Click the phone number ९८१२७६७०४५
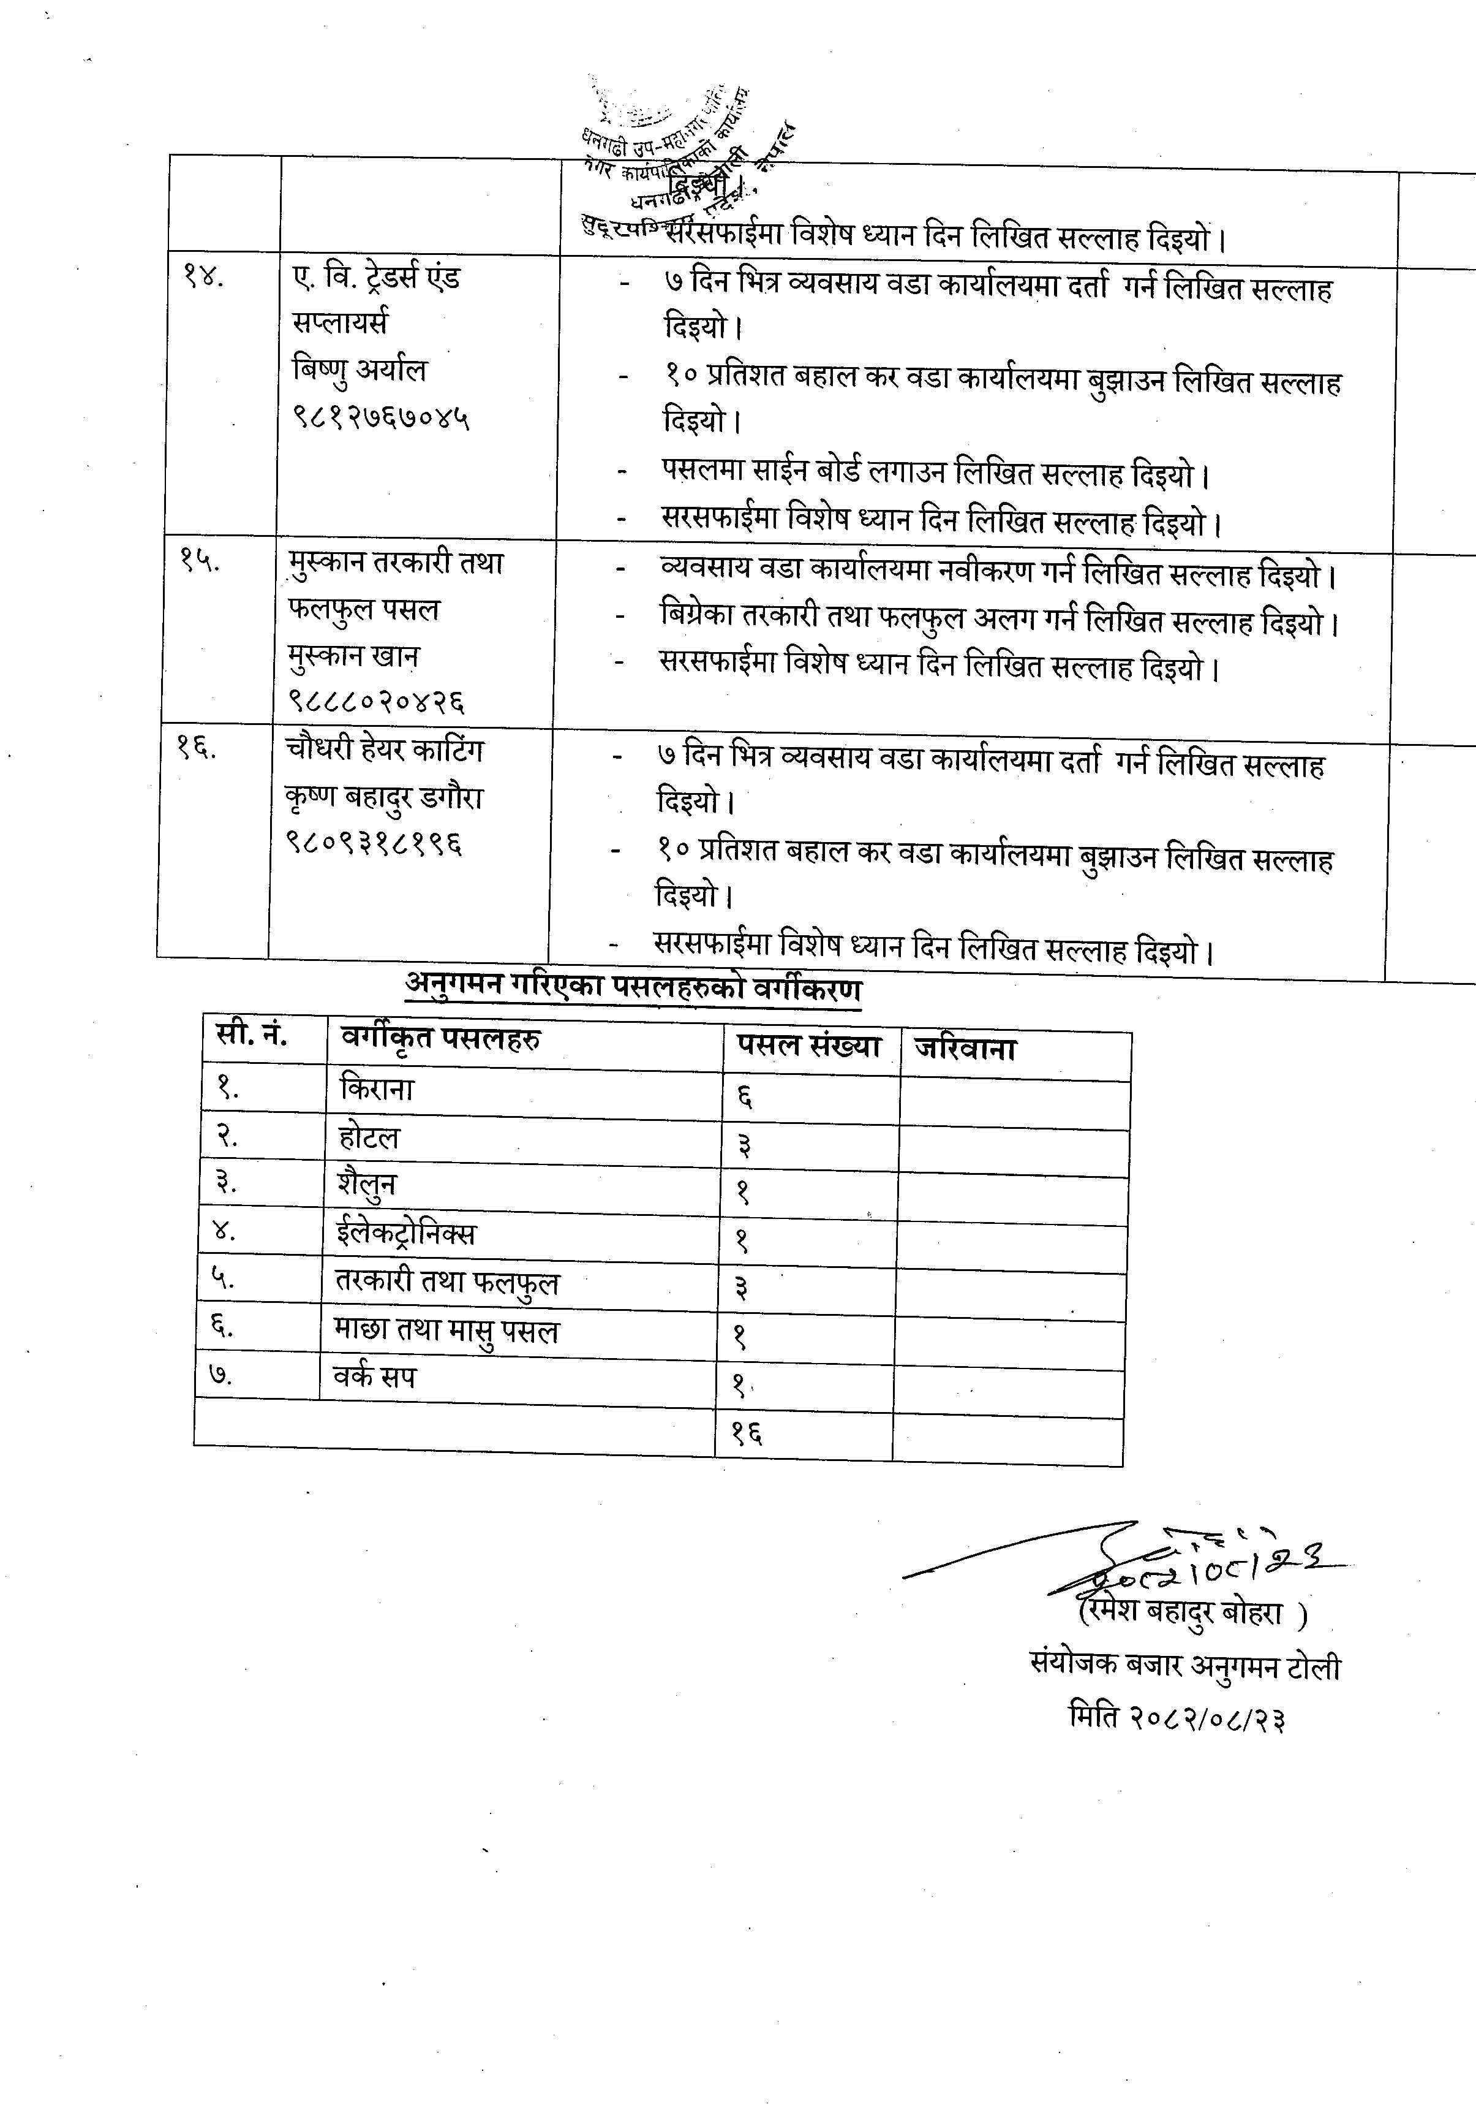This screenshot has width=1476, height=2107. [x=381, y=419]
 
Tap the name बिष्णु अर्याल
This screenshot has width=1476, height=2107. [x=360, y=371]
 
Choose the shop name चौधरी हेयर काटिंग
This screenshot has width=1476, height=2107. [x=383, y=751]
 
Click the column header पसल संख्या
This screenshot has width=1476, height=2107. [x=807, y=1046]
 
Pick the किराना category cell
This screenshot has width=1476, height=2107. [x=377, y=1089]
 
